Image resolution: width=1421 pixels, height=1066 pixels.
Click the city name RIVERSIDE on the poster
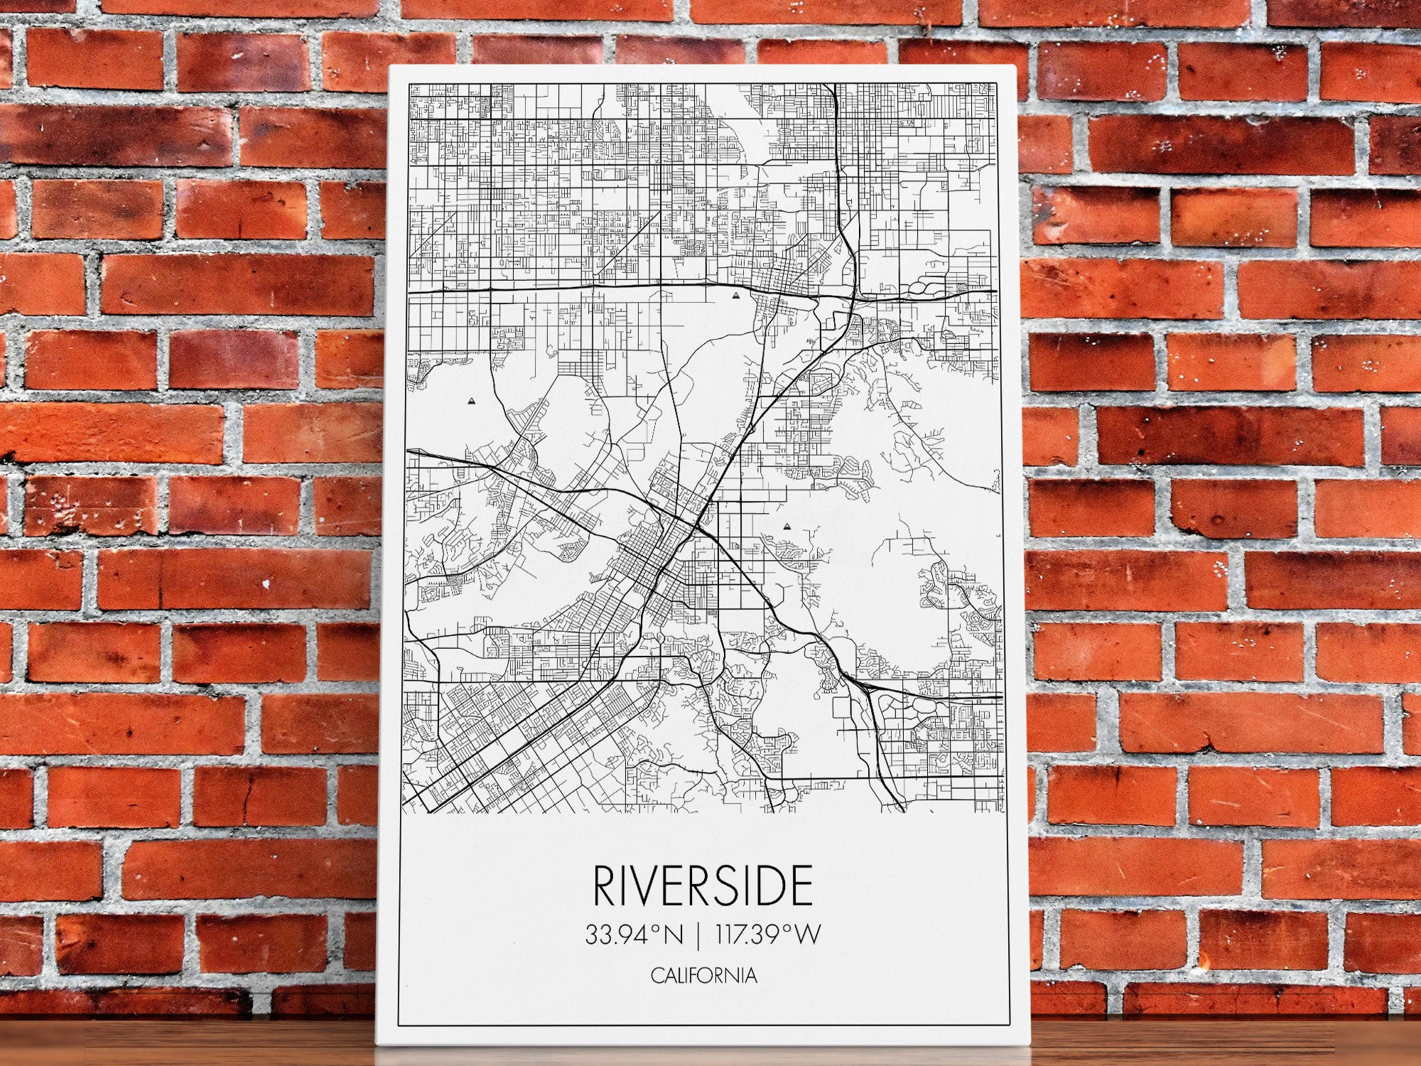point(702,885)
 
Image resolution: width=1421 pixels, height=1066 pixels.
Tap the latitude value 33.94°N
point(634,935)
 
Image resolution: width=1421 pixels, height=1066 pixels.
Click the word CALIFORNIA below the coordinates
point(703,976)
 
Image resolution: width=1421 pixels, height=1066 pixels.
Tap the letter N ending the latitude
point(672,935)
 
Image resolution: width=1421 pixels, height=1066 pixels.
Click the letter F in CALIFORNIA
point(696,976)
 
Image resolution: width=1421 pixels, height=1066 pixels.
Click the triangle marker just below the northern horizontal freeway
point(736,292)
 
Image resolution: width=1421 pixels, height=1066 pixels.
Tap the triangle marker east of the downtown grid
point(787,527)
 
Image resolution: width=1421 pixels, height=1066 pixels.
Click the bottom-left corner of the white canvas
point(377,1043)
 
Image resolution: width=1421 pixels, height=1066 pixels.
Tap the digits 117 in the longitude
point(733,935)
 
